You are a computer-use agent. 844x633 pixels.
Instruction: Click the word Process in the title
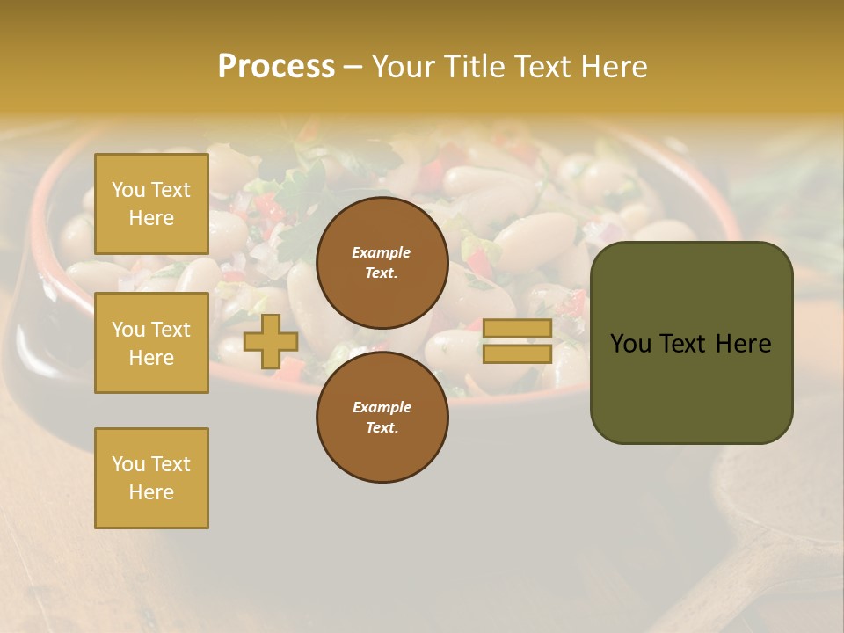pyautogui.click(x=276, y=67)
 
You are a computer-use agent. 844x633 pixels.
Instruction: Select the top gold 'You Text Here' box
pyautogui.click(x=151, y=204)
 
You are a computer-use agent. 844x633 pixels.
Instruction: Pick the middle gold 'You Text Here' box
pyautogui.click(x=151, y=343)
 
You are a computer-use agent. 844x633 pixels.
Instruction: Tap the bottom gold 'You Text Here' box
pyautogui.click(x=151, y=478)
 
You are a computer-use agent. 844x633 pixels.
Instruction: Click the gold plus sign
pyautogui.click(x=270, y=342)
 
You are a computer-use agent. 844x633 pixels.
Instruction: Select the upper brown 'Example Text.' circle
pyautogui.click(x=382, y=263)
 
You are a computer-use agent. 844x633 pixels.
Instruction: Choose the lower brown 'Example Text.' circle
pyautogui.click(x=382, y=418)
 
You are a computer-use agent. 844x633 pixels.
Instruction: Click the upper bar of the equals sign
pyautogui.click(x=517, y=328)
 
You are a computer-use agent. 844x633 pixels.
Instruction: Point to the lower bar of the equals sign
pyautogui.click(x=517, y=353)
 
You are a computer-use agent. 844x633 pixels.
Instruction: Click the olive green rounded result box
pyautogui.click(x=691, y=343)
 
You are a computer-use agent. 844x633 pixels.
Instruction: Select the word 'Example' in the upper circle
pyautogui.click(x=382, y=252)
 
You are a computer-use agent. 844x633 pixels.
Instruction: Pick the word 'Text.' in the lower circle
pyautogui.click(x=382, y=428)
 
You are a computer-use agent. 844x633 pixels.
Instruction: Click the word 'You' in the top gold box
pyautogui.click(x=127, y=190)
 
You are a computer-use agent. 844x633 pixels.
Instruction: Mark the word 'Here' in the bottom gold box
pyautogui.click(x=151, y=492)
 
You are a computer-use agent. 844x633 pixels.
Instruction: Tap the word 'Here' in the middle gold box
pyautogui.click(x=151, y=358)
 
